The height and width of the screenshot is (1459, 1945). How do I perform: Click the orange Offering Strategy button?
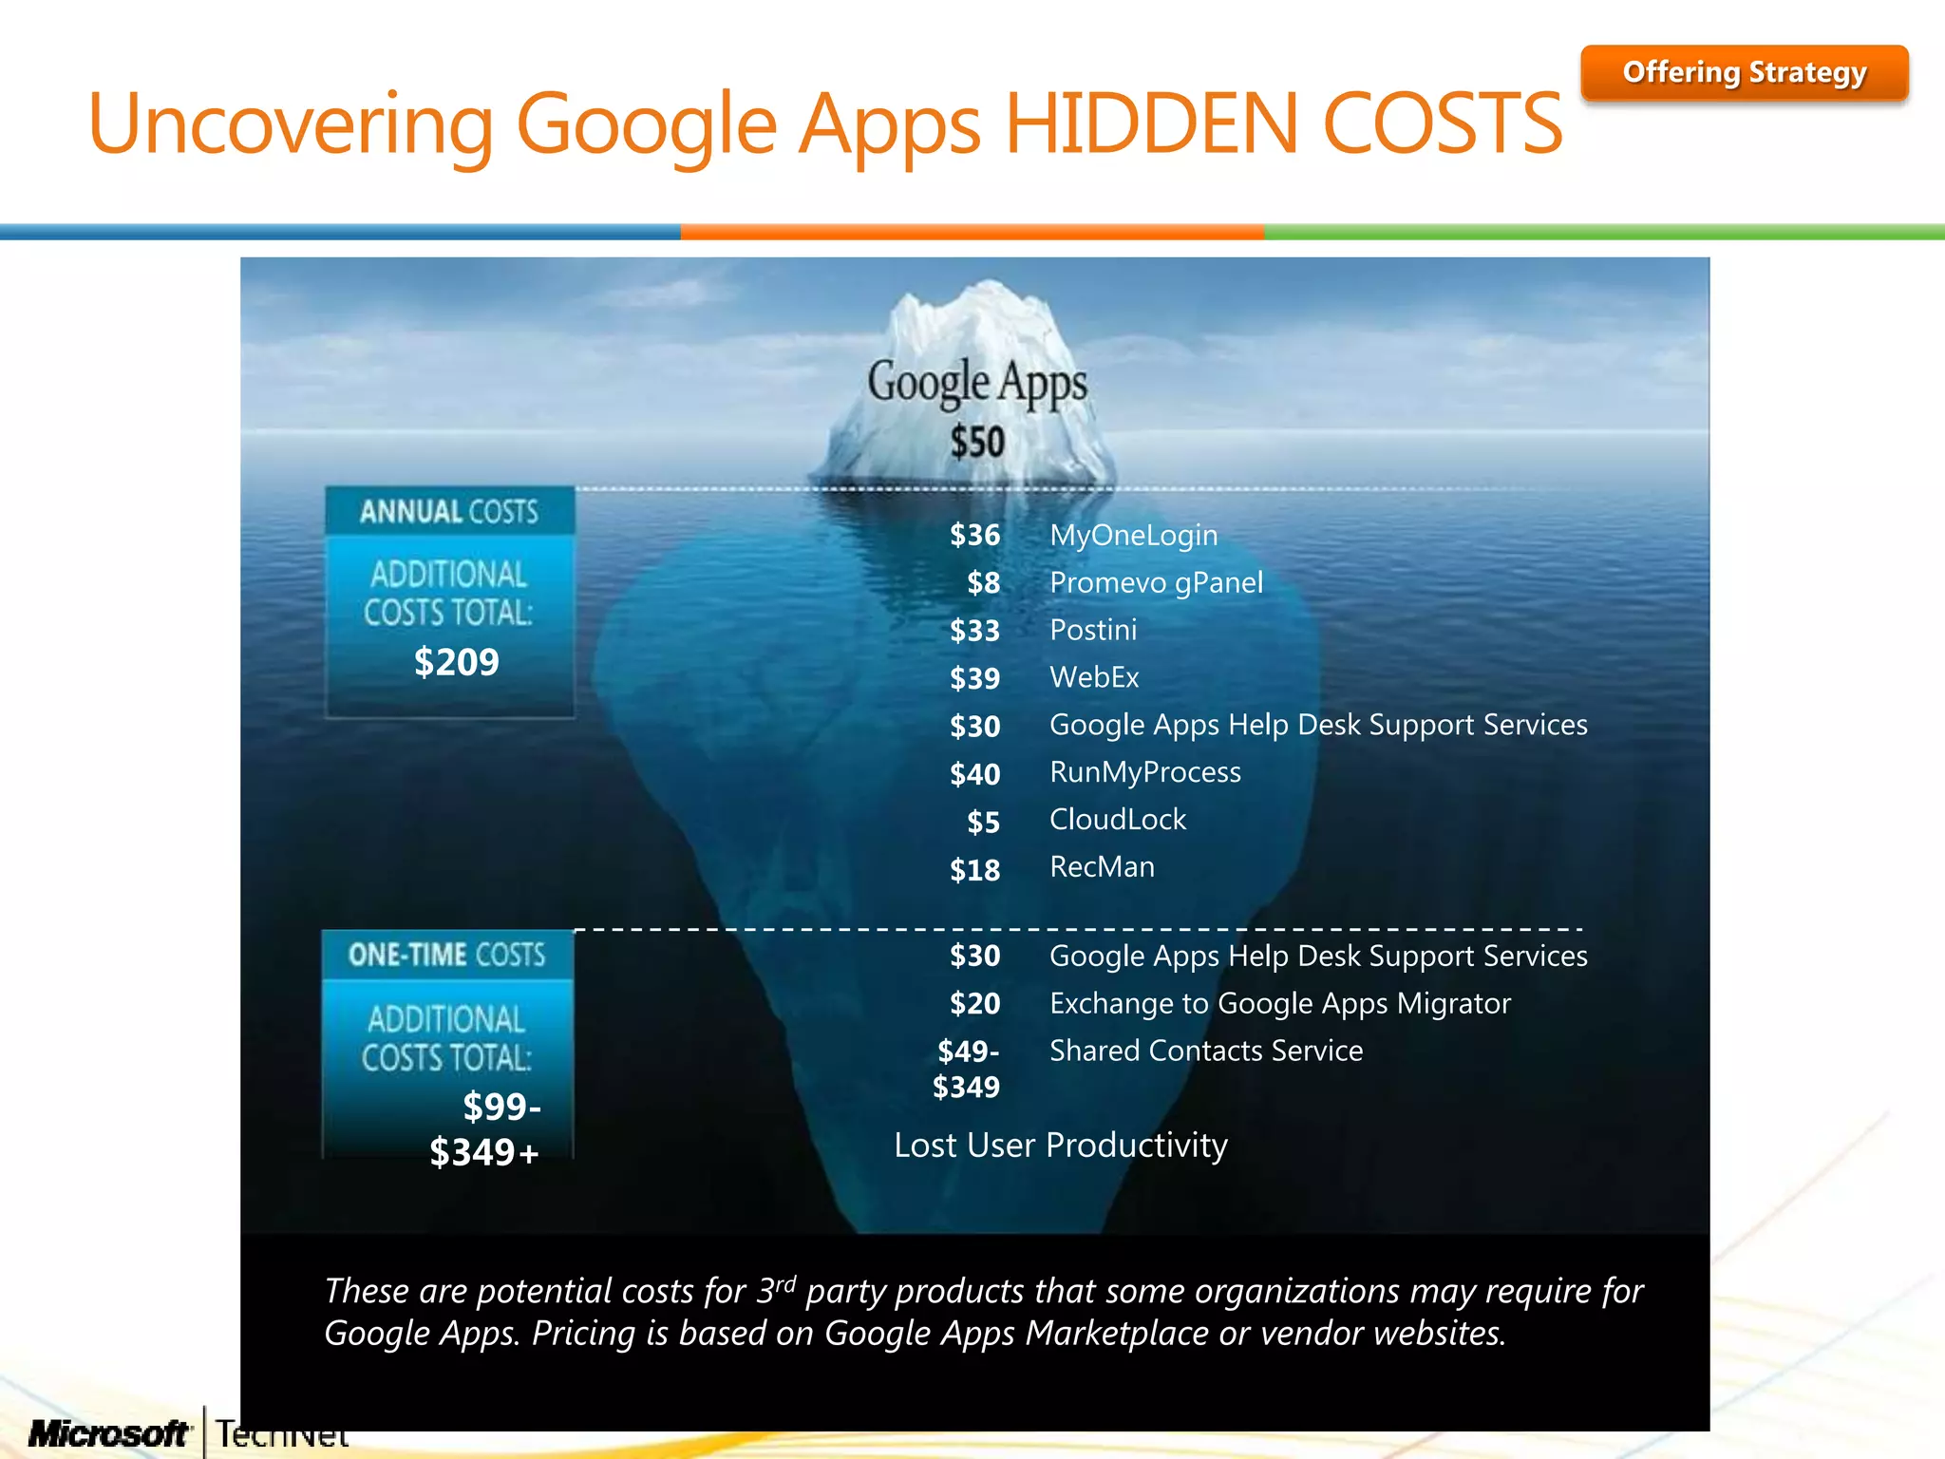pos(1744,73)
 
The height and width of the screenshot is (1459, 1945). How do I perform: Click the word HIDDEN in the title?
pos(1150,123)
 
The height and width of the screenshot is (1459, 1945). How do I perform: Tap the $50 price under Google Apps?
pos(977,442)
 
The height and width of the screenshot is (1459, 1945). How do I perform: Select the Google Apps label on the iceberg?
pos(977,383)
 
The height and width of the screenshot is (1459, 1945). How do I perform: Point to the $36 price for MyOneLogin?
pos(974,536)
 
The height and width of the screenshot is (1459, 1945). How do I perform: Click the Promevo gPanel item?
pos(1156,582)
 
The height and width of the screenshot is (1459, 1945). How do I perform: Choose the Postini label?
pos(1093,630)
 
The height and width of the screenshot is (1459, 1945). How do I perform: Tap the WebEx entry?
pos(1094,677)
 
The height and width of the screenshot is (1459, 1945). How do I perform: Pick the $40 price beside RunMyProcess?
pos(974,774)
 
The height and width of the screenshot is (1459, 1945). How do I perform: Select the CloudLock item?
pos(1118,820)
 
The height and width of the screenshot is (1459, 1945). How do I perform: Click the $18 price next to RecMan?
pos(974,870)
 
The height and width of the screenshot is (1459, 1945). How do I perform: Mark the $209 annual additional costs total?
pos(456,662)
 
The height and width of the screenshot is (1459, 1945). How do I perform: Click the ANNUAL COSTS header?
pos(449,512)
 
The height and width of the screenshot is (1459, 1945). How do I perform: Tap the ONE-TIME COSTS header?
pos(447,955)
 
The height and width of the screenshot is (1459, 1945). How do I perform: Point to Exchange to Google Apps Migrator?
pos(1279,1003)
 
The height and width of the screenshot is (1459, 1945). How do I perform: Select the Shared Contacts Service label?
pos(1206,1051)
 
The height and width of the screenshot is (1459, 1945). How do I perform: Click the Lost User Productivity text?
pos(1061,1146)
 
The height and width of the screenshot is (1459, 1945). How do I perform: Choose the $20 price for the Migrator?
pos(974,1004)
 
